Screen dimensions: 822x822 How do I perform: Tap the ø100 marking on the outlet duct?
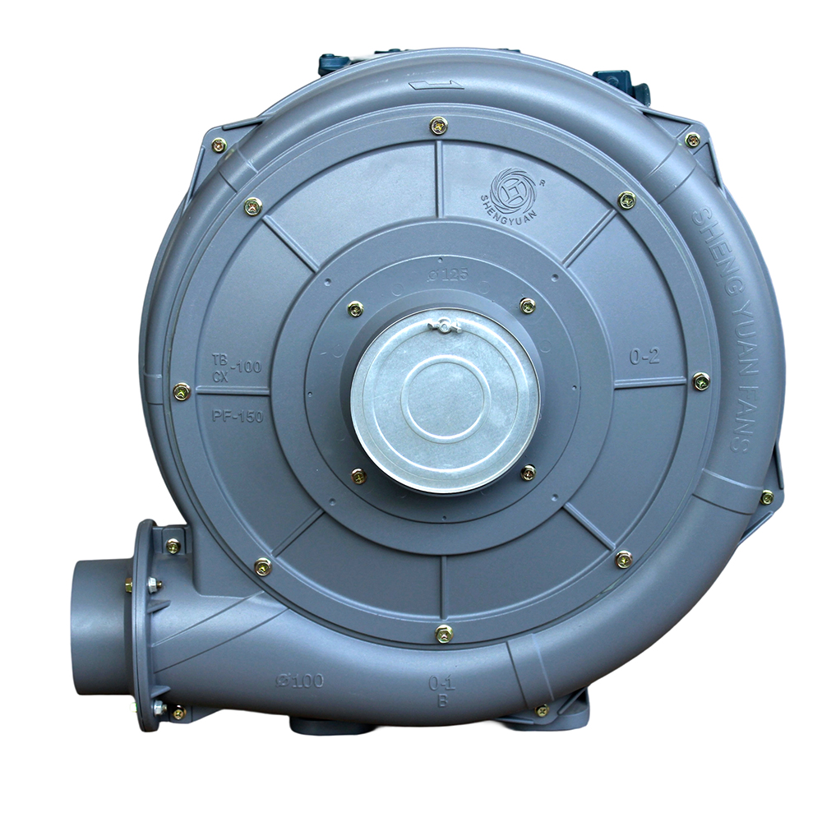click(301, 680)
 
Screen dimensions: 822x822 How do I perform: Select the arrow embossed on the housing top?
click(432, 83)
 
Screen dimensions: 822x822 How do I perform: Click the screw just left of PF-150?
click(182, 392)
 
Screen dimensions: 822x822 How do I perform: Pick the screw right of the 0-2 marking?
click(700, 381)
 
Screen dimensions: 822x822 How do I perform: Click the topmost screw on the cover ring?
click(438, 126)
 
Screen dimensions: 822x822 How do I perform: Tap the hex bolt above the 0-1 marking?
click(444, 633)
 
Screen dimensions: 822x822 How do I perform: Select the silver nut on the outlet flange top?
click(154, 584)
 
